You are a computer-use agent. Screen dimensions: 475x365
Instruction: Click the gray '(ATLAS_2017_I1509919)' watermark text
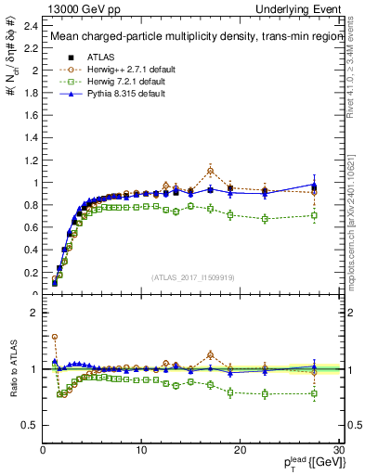click(191, 276)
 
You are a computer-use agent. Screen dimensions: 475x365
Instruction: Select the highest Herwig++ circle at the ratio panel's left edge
click(55, 337)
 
